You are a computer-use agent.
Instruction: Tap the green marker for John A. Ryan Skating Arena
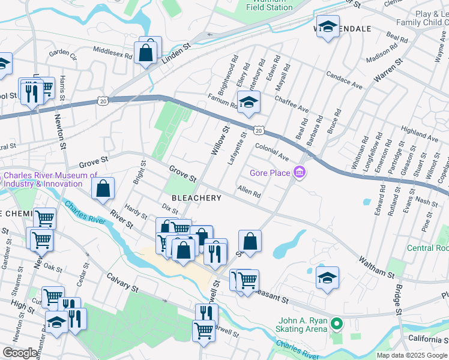(x=337, y=325)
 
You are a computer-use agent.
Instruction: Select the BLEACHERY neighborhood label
(x=197, y=197)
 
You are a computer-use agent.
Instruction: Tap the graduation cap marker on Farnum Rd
(x=248, y=103)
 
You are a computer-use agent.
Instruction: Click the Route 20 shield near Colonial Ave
(x=258, y=130)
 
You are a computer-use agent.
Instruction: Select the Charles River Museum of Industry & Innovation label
(x=50, y=179)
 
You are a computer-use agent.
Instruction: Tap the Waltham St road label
(x=376, y=266)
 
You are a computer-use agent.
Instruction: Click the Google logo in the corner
(x=20, y=353)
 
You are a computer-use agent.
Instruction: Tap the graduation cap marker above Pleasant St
(x=327, y=278)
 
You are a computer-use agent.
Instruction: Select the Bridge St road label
(x=397, y=300)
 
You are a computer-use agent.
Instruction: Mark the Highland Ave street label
(x=420, y=133)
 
